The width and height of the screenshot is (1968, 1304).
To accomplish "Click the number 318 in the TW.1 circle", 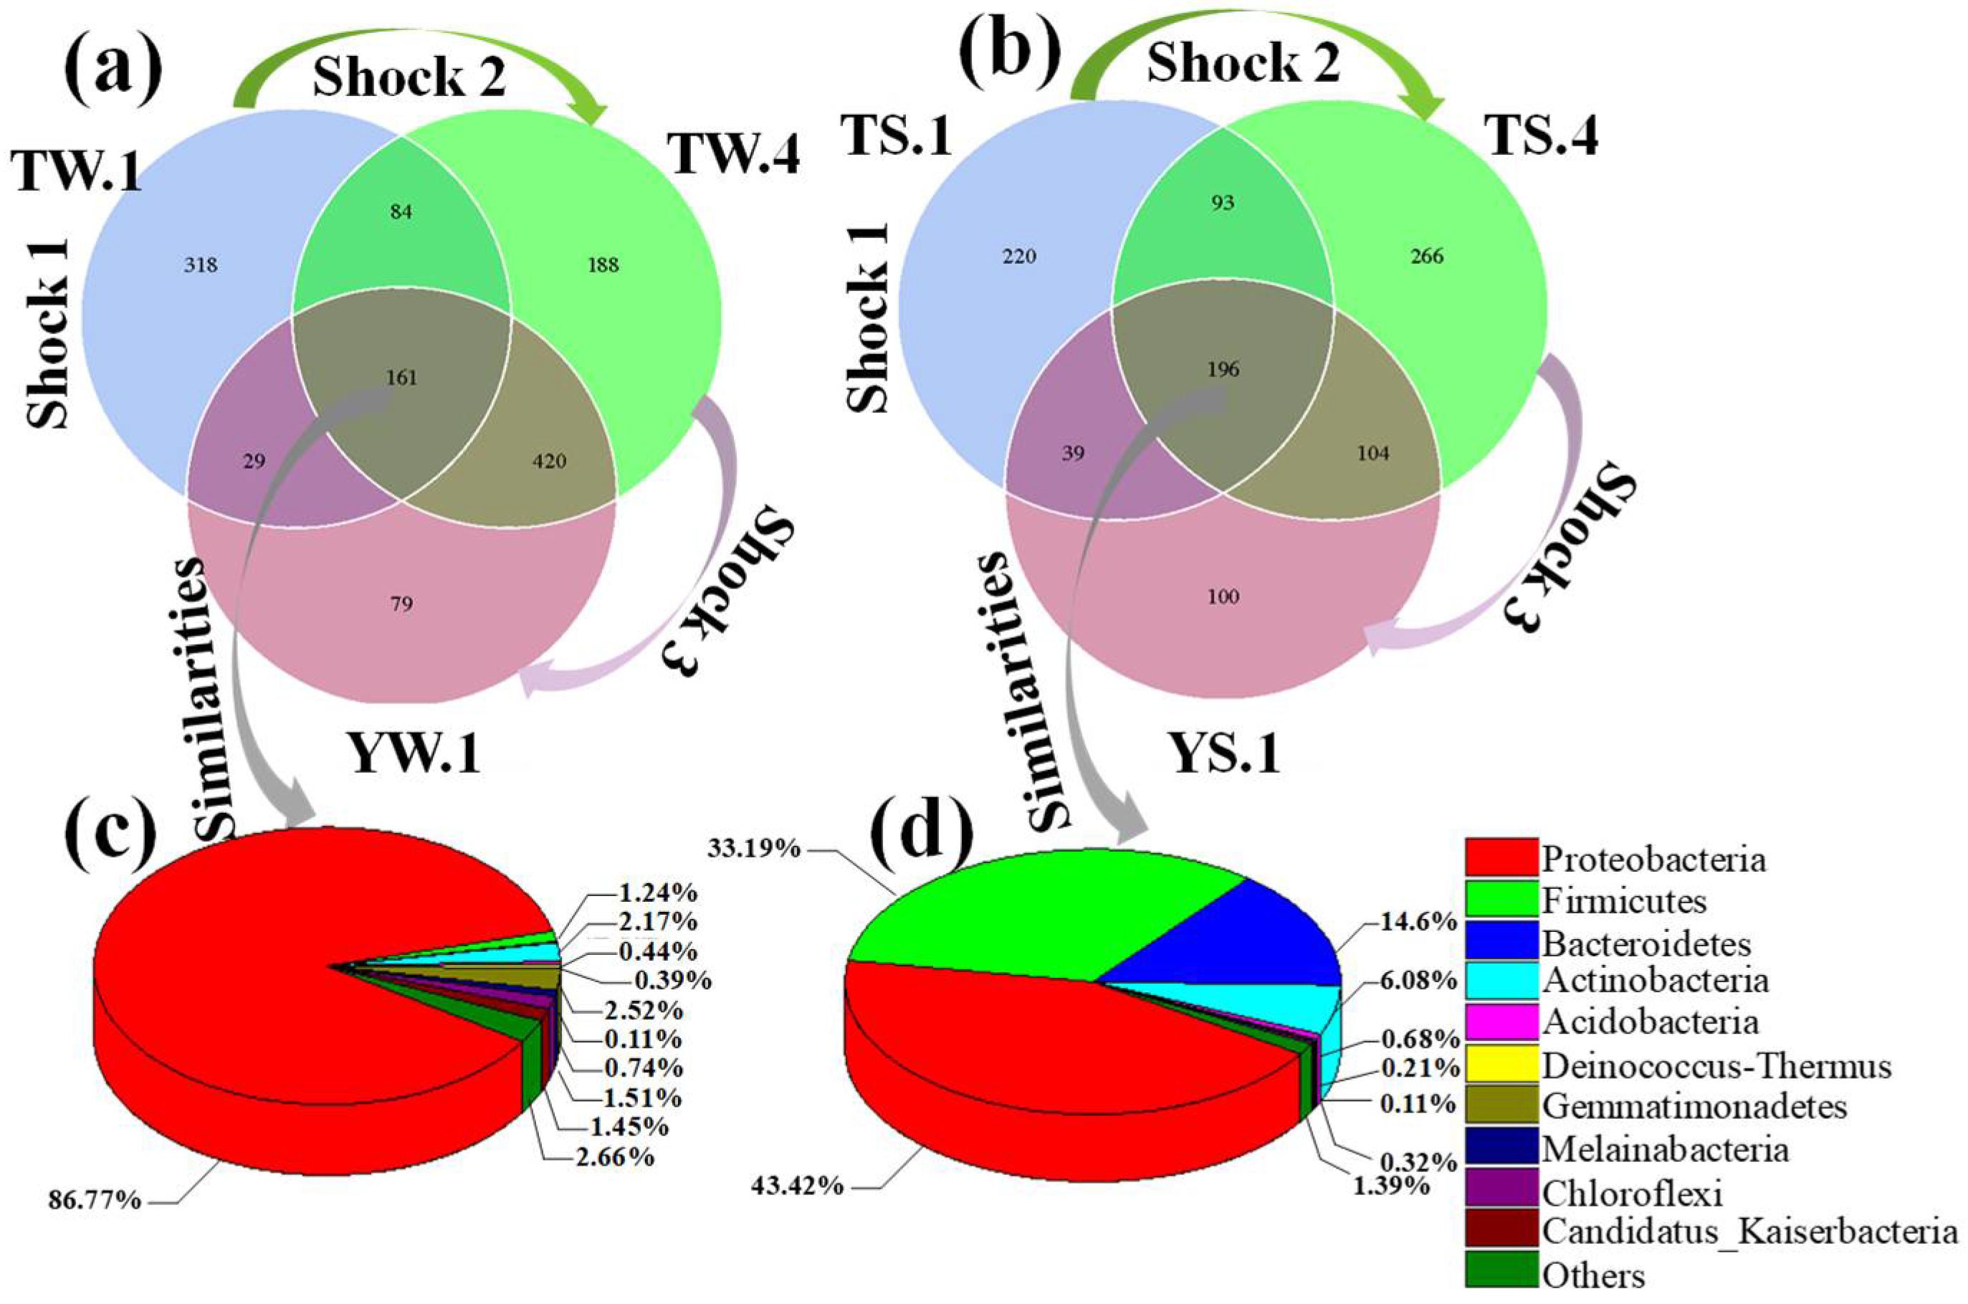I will (201, 265).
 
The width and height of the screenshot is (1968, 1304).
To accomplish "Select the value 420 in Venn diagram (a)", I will (549, 461).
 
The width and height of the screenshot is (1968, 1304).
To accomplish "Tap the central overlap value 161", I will (401, 379).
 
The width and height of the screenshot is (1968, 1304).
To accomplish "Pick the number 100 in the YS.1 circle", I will (1223, 596).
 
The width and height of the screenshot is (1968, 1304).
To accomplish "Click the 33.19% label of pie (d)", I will (753, 848).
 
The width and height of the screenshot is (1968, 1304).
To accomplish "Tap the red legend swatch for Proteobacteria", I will (1501, 857).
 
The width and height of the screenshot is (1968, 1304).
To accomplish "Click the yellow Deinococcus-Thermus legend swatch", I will (1501, 1065).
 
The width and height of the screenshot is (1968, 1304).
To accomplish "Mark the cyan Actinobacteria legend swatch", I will (1501, 981).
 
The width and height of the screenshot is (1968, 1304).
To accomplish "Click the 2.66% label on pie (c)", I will (614, 1157).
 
